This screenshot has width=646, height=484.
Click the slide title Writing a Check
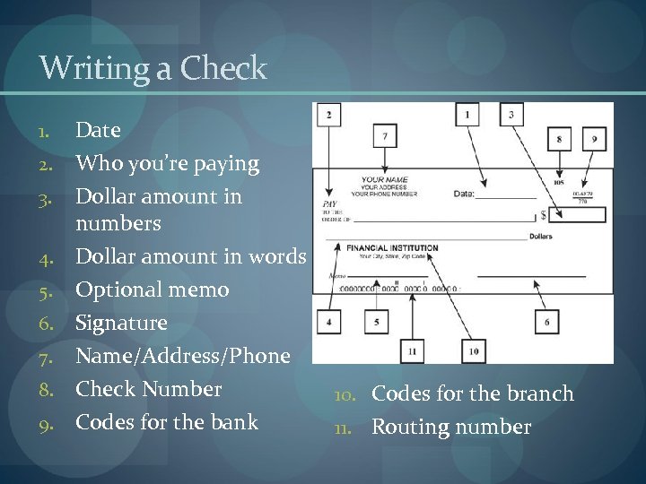click(153, 67)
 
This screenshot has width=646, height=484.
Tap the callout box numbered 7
click(385, 136)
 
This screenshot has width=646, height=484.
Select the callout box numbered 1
click(466, 115)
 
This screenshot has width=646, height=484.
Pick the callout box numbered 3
click(511, 115)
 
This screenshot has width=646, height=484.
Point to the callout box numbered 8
click(560, 140)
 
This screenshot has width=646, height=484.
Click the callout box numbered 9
click(594, 140)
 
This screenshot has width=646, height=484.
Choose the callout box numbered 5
click(376, 322)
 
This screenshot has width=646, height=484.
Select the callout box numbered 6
click(546, 322)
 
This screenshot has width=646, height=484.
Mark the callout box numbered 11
click(411, 350)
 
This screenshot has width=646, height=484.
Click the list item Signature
click(121, 323)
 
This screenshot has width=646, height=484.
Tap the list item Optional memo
click(153, 290)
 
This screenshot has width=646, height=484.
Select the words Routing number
click(451, 428)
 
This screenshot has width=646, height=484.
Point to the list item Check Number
click(149, 390)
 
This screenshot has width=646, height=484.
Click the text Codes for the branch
click(473, 394)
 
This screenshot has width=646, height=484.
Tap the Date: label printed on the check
click(464, 194)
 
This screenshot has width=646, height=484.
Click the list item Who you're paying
click(168, 164)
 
